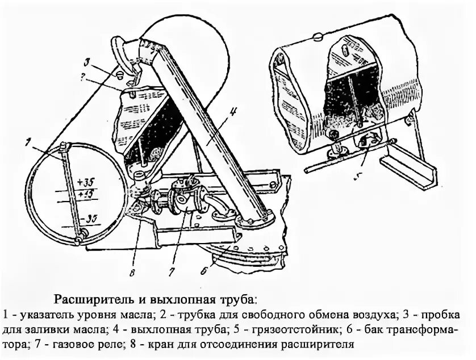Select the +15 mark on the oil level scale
click(87, 195)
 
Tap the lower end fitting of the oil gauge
click(82, 233)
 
